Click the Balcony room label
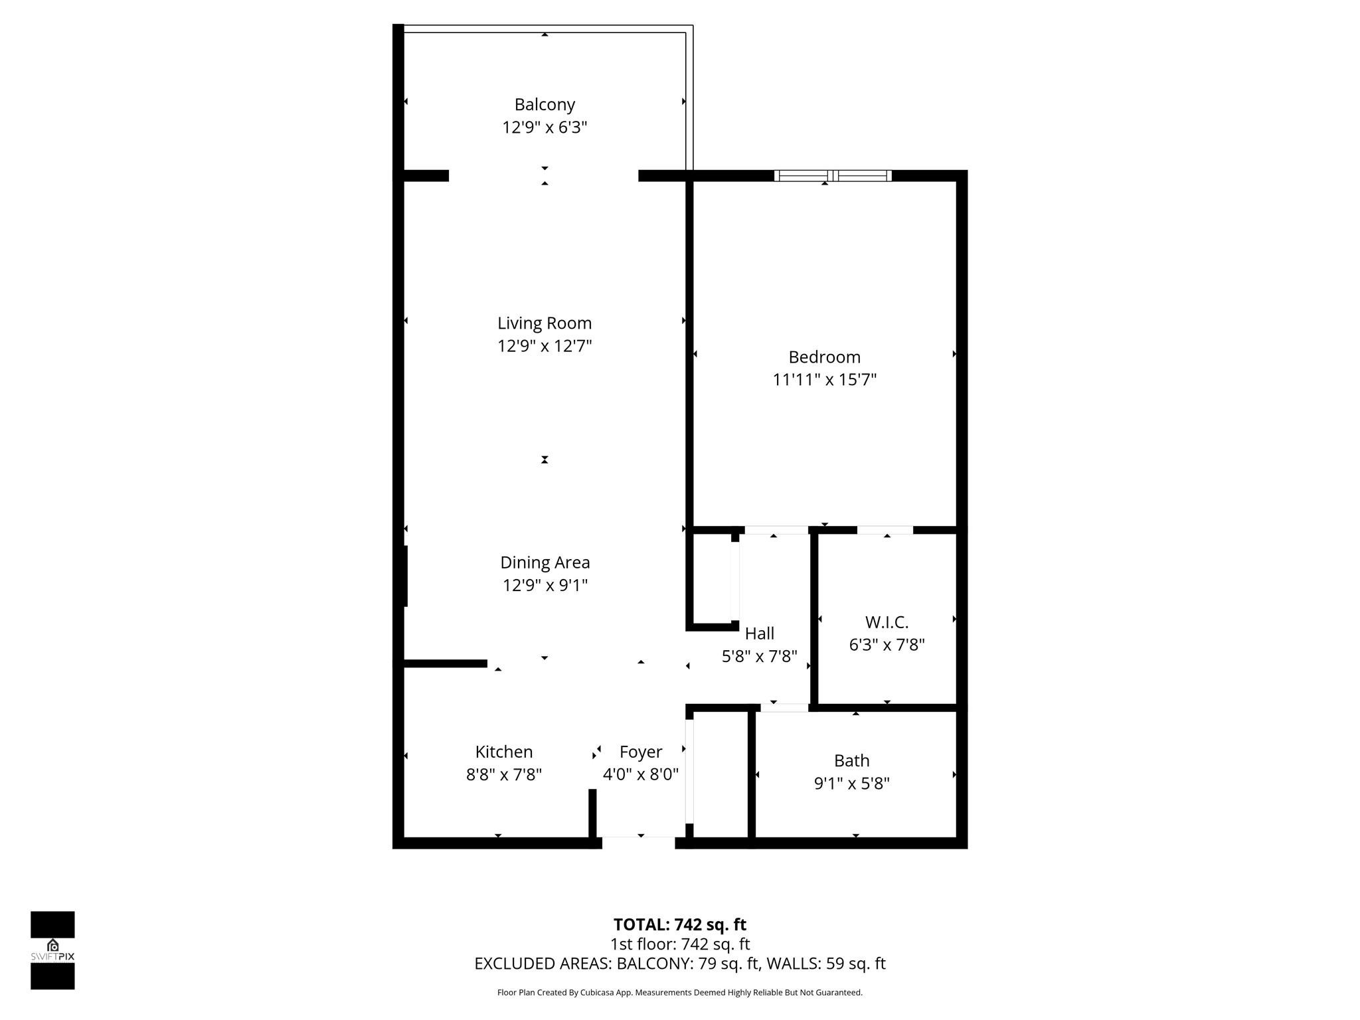pos(545,104)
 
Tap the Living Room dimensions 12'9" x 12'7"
pos(545,346)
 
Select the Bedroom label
pos(824,357)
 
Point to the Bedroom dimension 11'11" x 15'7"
pos(824,380)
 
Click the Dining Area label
pos(545,562)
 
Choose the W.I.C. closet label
pos(887,622)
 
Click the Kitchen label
pos(503,752)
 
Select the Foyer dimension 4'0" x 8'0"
pos(640,774)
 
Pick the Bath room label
pos(851,760)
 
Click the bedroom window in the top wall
pos(833,176)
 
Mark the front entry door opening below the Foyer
pos(638,842)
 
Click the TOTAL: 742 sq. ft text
pos(679,924)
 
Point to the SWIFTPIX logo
pos(52,950)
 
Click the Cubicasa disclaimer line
pos(679,993)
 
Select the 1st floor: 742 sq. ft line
pos(679,944)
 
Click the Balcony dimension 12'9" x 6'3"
pos(545,127)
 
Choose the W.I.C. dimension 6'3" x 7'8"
pos(887,645)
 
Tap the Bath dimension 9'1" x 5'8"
pos(851,784)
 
